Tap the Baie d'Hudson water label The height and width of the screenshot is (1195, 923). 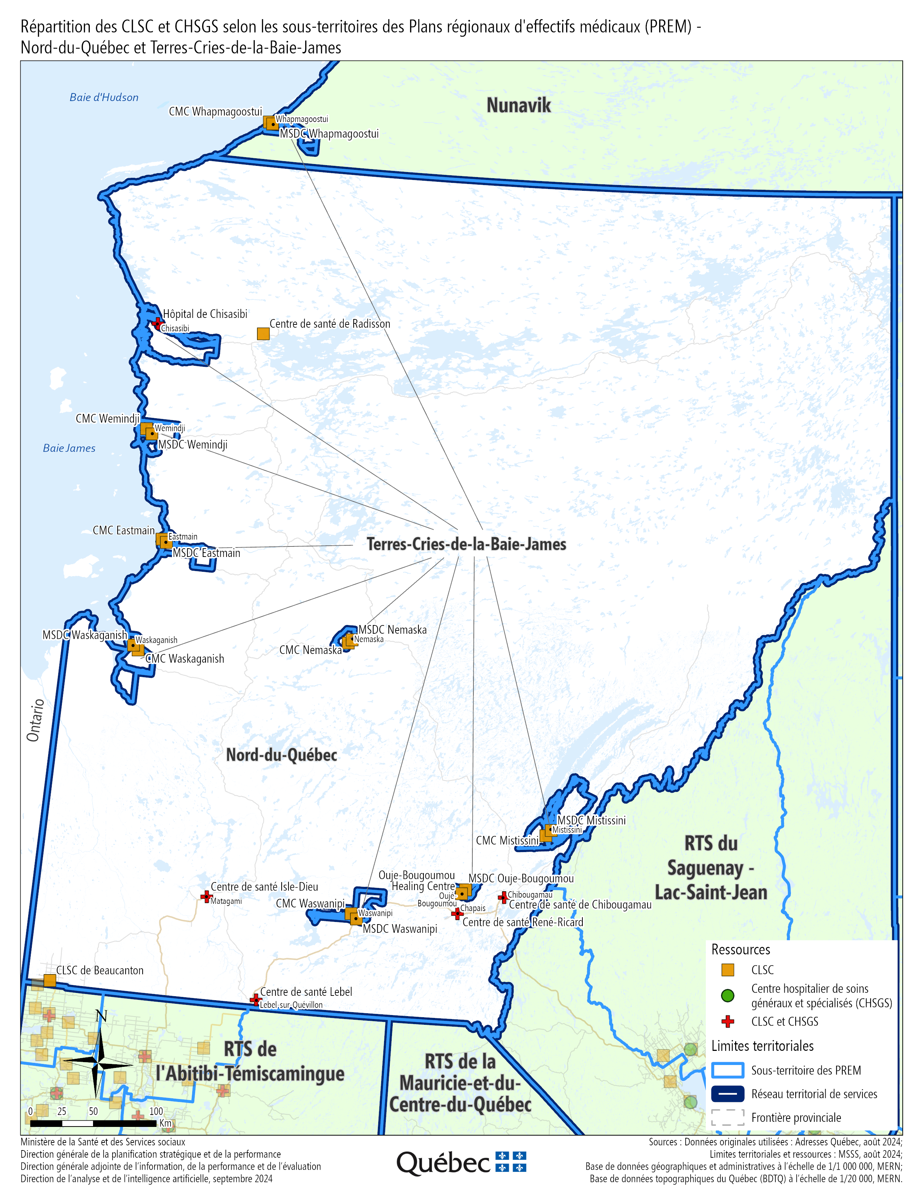point(104,97)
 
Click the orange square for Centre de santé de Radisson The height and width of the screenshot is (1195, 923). point(263,333)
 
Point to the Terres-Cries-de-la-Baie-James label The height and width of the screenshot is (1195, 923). point(466,544)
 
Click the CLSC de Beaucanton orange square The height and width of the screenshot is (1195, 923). point(49,980)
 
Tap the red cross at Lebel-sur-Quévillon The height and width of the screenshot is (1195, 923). point(255,1000)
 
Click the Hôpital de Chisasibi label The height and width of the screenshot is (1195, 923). point(205,314)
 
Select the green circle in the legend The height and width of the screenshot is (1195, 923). point(727,995)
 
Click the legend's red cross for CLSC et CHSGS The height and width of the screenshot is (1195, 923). point(727,1021)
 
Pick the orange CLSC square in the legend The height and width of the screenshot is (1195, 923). point(727,969)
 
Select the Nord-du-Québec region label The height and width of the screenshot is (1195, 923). point(282,755)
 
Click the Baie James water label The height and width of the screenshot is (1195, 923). point(69,448)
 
